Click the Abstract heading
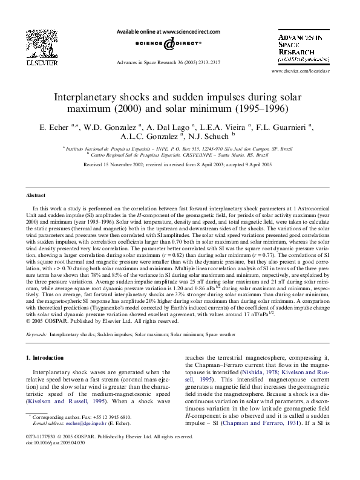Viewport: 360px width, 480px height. (x=36, y=195)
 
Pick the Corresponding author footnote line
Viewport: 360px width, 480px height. (x=81, y=417)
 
